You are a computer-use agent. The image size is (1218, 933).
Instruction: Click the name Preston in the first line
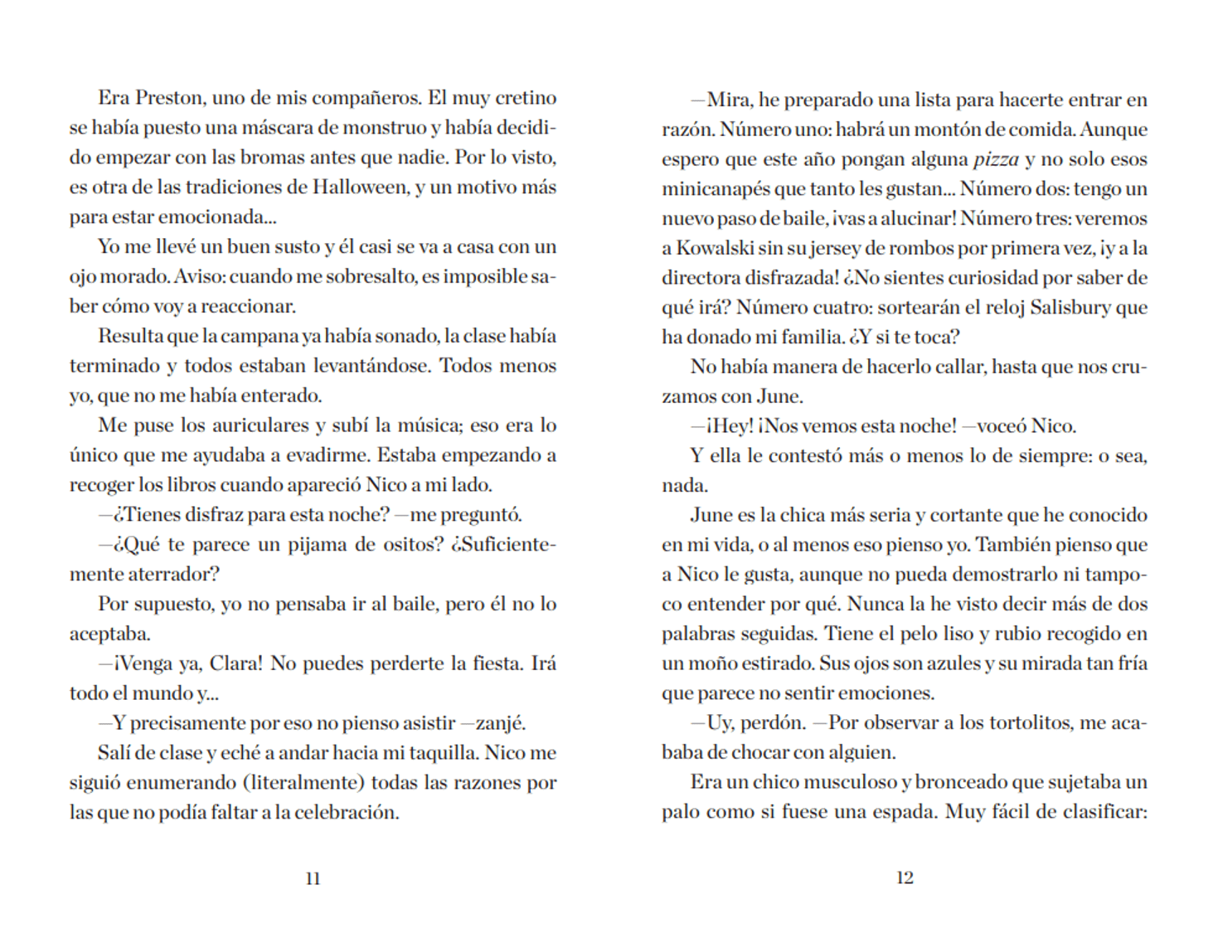169,98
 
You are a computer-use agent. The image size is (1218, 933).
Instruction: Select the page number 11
313,878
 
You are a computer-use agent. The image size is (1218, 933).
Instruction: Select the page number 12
905,877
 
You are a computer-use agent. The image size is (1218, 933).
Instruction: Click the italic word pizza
995,159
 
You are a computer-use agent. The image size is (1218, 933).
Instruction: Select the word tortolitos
1029,723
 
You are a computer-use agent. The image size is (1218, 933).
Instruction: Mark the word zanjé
500,723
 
